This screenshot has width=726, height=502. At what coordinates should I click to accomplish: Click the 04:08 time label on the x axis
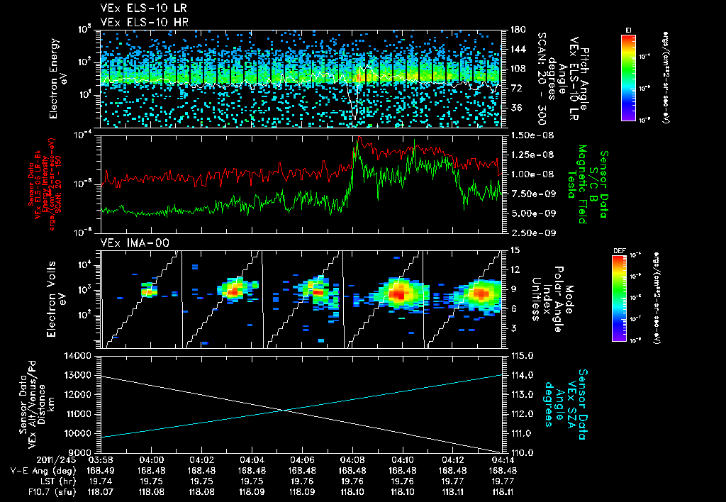click(x=352, y=460)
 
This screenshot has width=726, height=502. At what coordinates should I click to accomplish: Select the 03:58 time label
click(x=102, y=460)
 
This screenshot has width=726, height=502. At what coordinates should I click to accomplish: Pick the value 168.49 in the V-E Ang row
click(x=102, y=470)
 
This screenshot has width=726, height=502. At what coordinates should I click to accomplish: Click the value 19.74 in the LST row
click(x=102, y=480)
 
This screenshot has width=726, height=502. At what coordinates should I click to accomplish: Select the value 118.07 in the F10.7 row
click(x=102, y=490)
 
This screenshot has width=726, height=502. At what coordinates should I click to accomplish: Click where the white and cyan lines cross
click(x=284, y=410)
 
